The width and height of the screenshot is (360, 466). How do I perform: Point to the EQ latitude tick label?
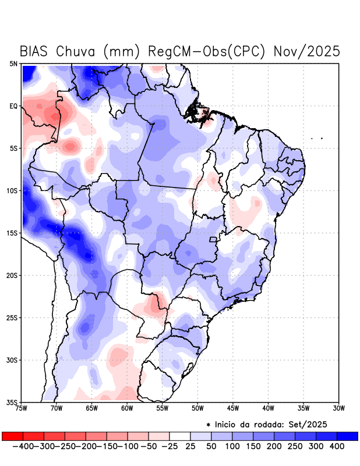pyautogui.click(x=13, y=106)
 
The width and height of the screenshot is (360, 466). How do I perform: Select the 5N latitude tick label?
pyautogui.click(x=13, y=63)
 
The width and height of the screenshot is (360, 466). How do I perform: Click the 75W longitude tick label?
pyautogui.click(x=22, y=408)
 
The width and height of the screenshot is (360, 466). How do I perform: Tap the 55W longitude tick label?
pyautogui.click(x=162, y=408)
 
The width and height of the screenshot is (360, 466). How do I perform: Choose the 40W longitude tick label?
pyautogui.click(x=268, y=408)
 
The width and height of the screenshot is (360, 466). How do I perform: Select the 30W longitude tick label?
pyautogui.click(x=338, y=408)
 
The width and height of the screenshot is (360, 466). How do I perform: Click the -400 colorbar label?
pyautogui.click(x=22, y=446)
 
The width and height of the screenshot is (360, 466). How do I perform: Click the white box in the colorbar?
pyautogui.click(x=179, y=436)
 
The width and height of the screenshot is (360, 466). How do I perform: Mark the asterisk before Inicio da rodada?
pyautogui.click(x=209, y=424)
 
